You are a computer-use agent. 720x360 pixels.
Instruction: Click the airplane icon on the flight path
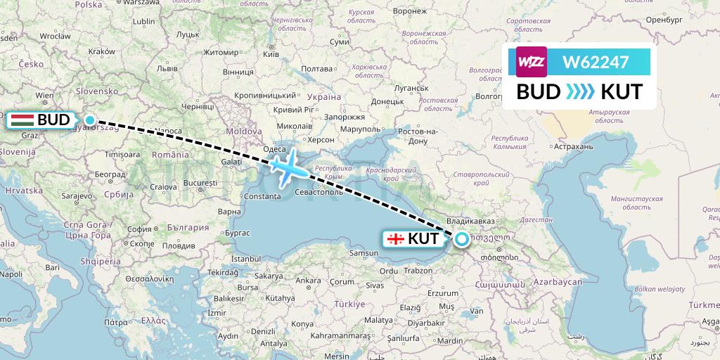click(289, 167)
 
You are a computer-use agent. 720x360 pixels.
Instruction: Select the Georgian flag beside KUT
click(396, 239)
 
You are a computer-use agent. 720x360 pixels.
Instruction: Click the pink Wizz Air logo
click(532, 62)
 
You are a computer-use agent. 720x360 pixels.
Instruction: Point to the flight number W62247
click(596, 63)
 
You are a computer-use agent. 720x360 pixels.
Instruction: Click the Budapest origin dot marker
click(90, 120)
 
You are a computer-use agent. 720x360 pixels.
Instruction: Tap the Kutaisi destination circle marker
click(462, 239)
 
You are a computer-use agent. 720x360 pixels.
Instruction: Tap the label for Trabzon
click(418, 270)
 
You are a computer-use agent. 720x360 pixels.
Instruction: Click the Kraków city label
click(102, 51)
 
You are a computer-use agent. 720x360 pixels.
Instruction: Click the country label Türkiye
click(349, 304)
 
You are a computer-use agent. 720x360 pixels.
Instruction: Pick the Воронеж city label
click(410, 12)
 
